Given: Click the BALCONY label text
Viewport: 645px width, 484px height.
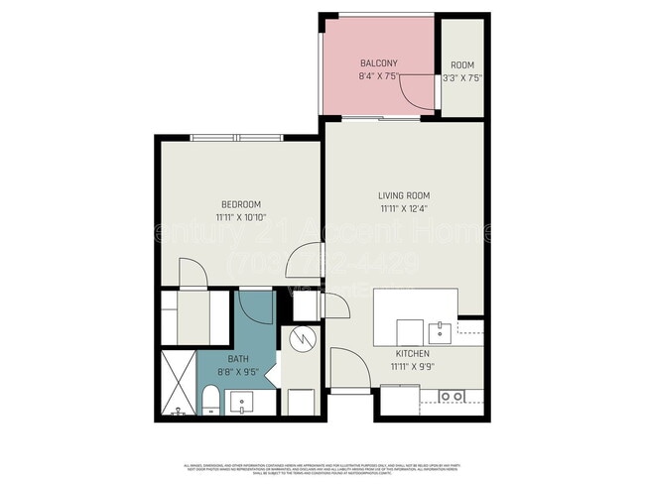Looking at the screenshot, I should pyautogui.click(x=378, y=62).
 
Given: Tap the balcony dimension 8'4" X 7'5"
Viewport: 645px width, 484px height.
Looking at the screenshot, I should pyautogui.click(x=378, y=76).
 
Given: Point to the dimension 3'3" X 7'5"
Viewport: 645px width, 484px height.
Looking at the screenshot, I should pyautogui.click(x=461, y=76).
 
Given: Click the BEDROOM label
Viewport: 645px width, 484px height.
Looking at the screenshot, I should pyautogui.click(x=239, y=204).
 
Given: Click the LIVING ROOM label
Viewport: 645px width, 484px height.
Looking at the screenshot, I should pyautogui.click(x=404, y=195).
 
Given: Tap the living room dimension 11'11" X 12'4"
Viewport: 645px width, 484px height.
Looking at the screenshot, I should pyautogui.click(x=404, y=209).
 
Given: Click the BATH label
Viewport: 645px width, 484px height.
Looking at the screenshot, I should pyautogui.click(x=238, y=359).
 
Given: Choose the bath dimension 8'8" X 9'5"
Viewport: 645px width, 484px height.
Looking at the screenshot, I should pyautogui.click(x=238, y=373).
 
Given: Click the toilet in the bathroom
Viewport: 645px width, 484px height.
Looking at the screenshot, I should pyautogui.click(x=209, y=402).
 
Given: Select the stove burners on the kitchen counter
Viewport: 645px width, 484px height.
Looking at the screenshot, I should pyautogui.click(x=451, y=396).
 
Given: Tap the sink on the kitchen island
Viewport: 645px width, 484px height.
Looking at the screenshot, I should pyautogui.click(x=439, y=330).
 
